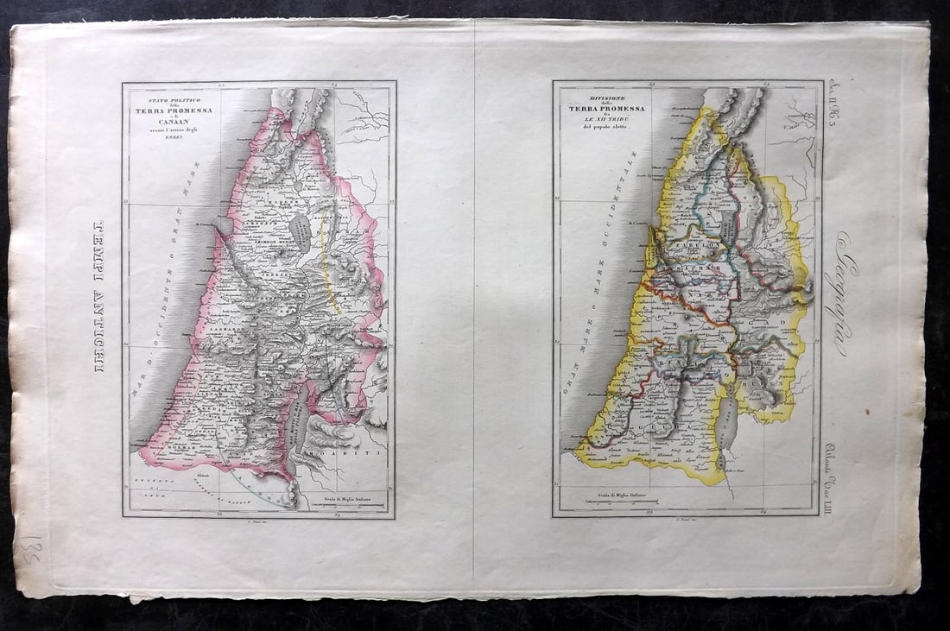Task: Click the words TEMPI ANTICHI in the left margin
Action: (98, 297)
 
